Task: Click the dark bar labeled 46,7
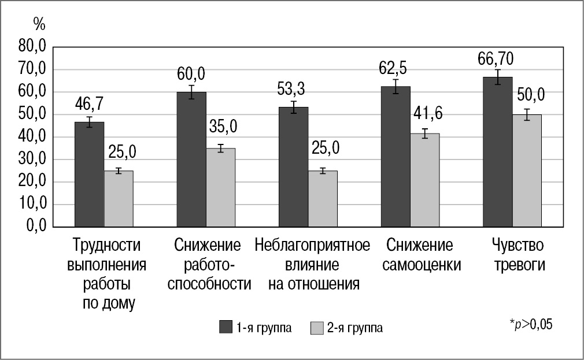click(x=89, y=174)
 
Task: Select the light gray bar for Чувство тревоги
click(x=527, y=170)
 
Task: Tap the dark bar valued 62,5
click(x=396, y=156)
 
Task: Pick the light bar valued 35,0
click(x=221, y=187)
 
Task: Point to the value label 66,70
click(x=497, y=58)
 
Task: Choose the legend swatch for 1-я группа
click(x=226, y=328)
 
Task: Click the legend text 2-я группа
click(x=354, y=328)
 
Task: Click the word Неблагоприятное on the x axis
click(x=312, y=245)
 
